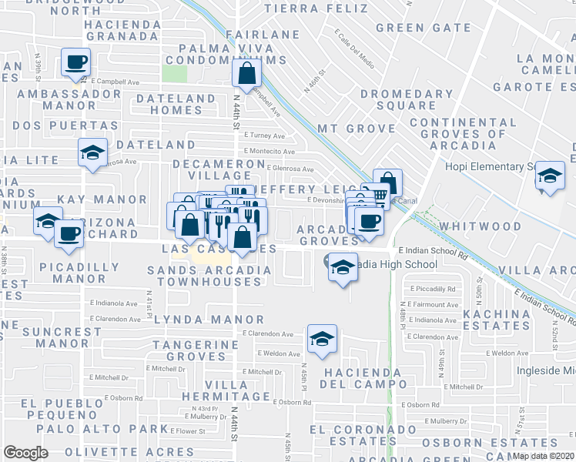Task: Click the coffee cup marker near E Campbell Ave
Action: (x=76, y=62)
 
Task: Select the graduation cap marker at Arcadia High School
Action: (x=343, y=266)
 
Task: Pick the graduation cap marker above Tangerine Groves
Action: (x=322, y=337)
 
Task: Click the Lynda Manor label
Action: (x=209, y=319)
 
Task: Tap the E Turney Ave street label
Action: (x=264, y=134)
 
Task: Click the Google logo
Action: (x=25, y=453)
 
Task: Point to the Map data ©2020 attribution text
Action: (x=543, y=456)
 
